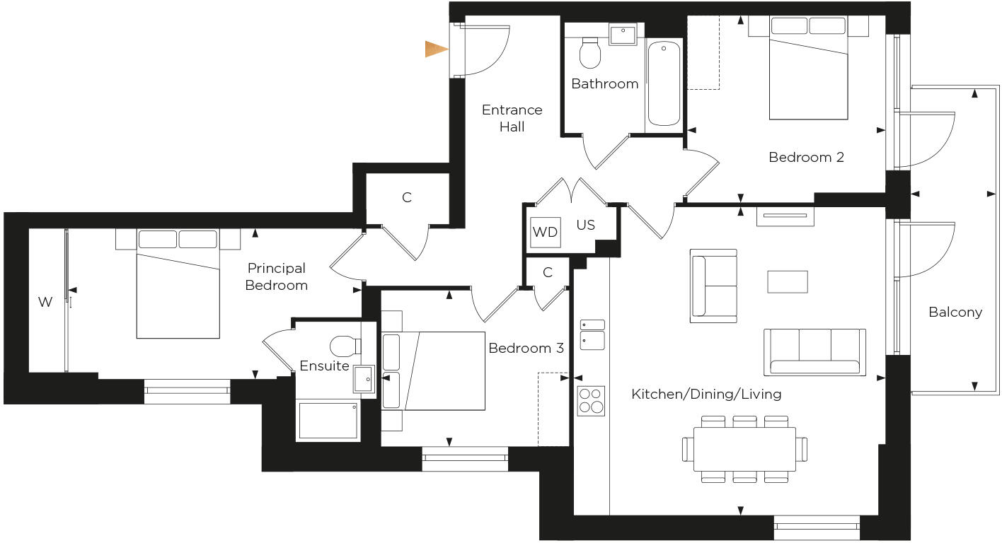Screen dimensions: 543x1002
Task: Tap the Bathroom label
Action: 604,83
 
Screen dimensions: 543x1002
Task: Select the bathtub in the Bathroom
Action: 664,83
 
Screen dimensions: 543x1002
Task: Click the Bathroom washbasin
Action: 623,33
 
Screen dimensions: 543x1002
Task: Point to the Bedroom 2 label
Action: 806,157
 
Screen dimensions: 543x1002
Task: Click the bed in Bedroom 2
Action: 808,71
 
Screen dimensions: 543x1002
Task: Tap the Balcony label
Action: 955,312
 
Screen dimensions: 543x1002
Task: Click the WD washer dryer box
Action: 545,232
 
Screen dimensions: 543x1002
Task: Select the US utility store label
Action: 585,225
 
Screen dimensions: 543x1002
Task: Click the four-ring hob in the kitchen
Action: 591,401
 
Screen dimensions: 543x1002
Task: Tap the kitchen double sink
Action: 592,334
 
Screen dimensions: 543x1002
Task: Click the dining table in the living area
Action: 744,449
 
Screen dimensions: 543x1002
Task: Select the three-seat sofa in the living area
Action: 814,352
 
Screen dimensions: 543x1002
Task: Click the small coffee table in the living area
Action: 788,281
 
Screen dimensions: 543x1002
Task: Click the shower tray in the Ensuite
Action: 328,420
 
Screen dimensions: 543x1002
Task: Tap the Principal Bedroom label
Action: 276,276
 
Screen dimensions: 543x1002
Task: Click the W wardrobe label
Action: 45,303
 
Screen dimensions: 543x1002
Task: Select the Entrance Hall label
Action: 512,118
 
